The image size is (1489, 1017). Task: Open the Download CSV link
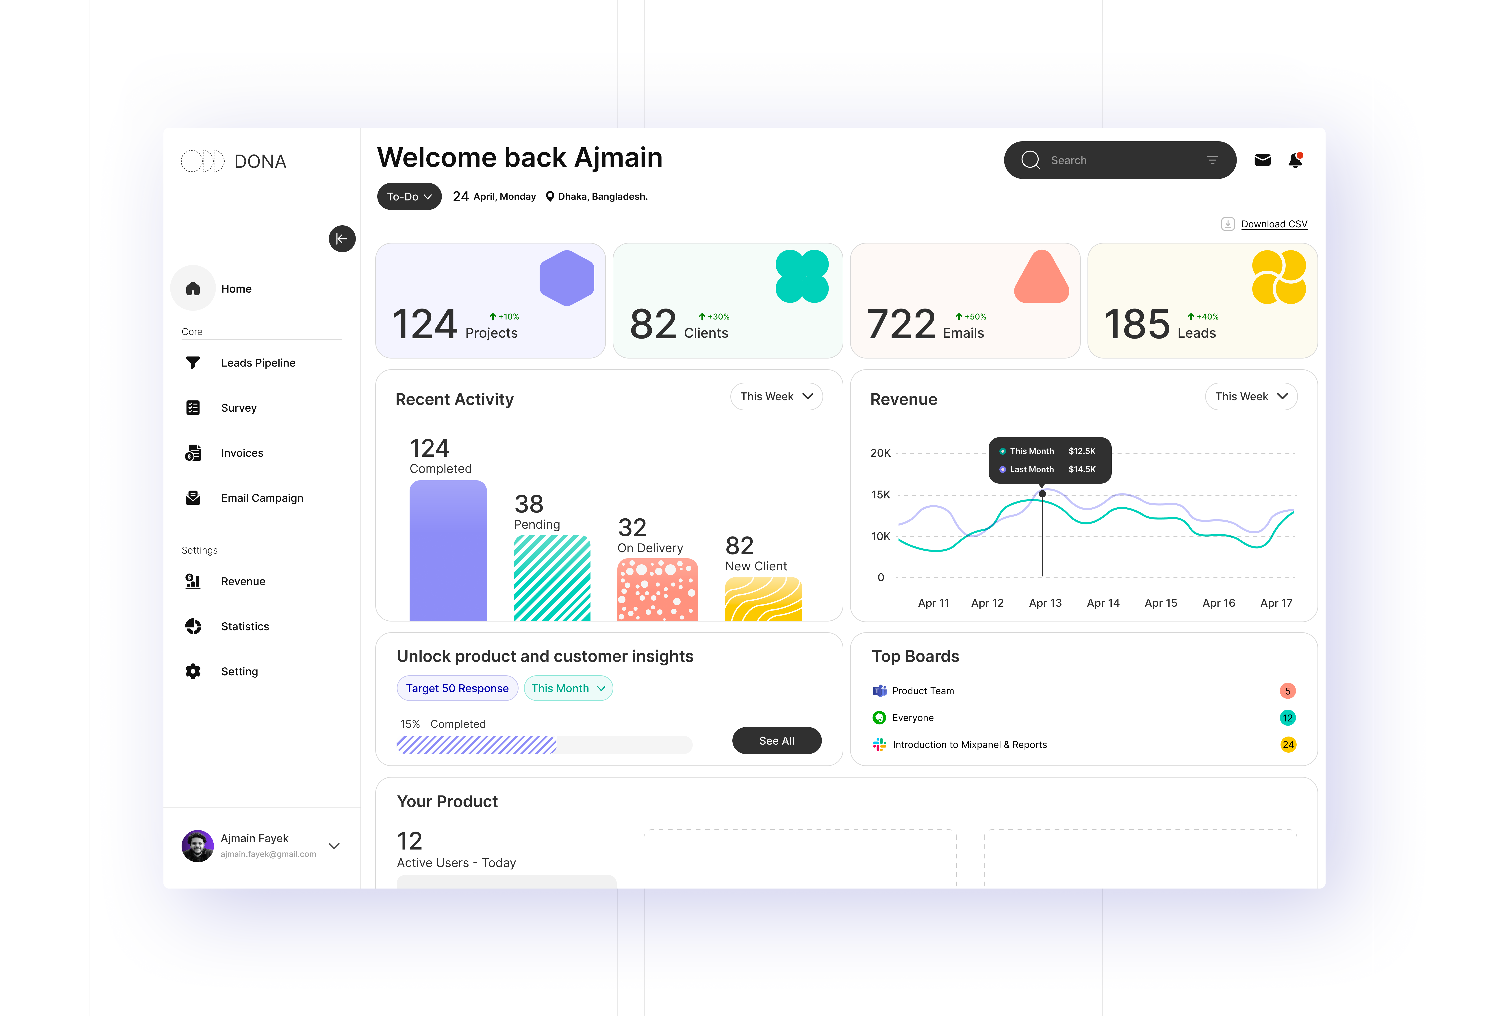pos(1274,224)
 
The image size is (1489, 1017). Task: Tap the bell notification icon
pos(1295,160)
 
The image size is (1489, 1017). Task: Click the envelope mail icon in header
pos(1262,160)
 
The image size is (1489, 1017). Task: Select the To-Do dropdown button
pos(409,197)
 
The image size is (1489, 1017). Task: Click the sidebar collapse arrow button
pos(342,239)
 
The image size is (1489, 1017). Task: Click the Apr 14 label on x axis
pos(1103,603)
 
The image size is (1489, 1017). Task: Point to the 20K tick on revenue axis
pos(880,453)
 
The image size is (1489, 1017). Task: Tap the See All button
pos(777,741)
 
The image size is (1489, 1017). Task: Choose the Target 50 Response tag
pos(457,688)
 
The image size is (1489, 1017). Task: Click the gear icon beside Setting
pos(193,671)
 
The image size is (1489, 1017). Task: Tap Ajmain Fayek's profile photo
pos(197,846)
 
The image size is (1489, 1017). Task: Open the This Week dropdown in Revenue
pos(1251,397)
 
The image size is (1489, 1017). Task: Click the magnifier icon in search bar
pos(1030,160)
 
